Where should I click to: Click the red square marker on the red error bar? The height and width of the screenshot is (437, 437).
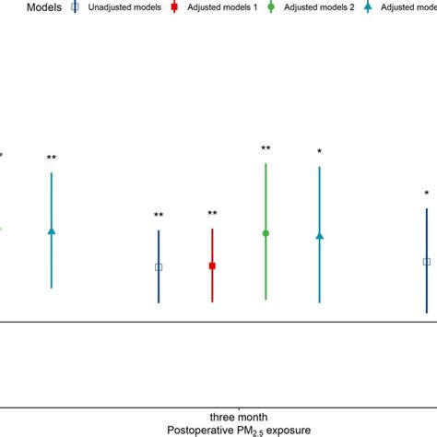tap(212, 266)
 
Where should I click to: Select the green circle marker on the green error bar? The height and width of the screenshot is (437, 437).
tap(266, 233)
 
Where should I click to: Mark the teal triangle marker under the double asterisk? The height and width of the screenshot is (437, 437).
tap(52, 230)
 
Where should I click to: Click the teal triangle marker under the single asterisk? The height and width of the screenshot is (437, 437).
tap(319, 236)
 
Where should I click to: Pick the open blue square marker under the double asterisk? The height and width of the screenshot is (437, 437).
tap(159, 267)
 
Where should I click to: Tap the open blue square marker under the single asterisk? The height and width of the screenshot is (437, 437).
tap(426, 262)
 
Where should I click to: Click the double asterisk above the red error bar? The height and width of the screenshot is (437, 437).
tap(212, 214)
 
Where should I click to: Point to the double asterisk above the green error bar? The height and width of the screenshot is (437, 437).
tap(266, 148)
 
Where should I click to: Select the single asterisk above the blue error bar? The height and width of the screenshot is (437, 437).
tap(426, 194)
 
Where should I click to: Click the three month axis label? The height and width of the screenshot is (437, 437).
tap(239, 417)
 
